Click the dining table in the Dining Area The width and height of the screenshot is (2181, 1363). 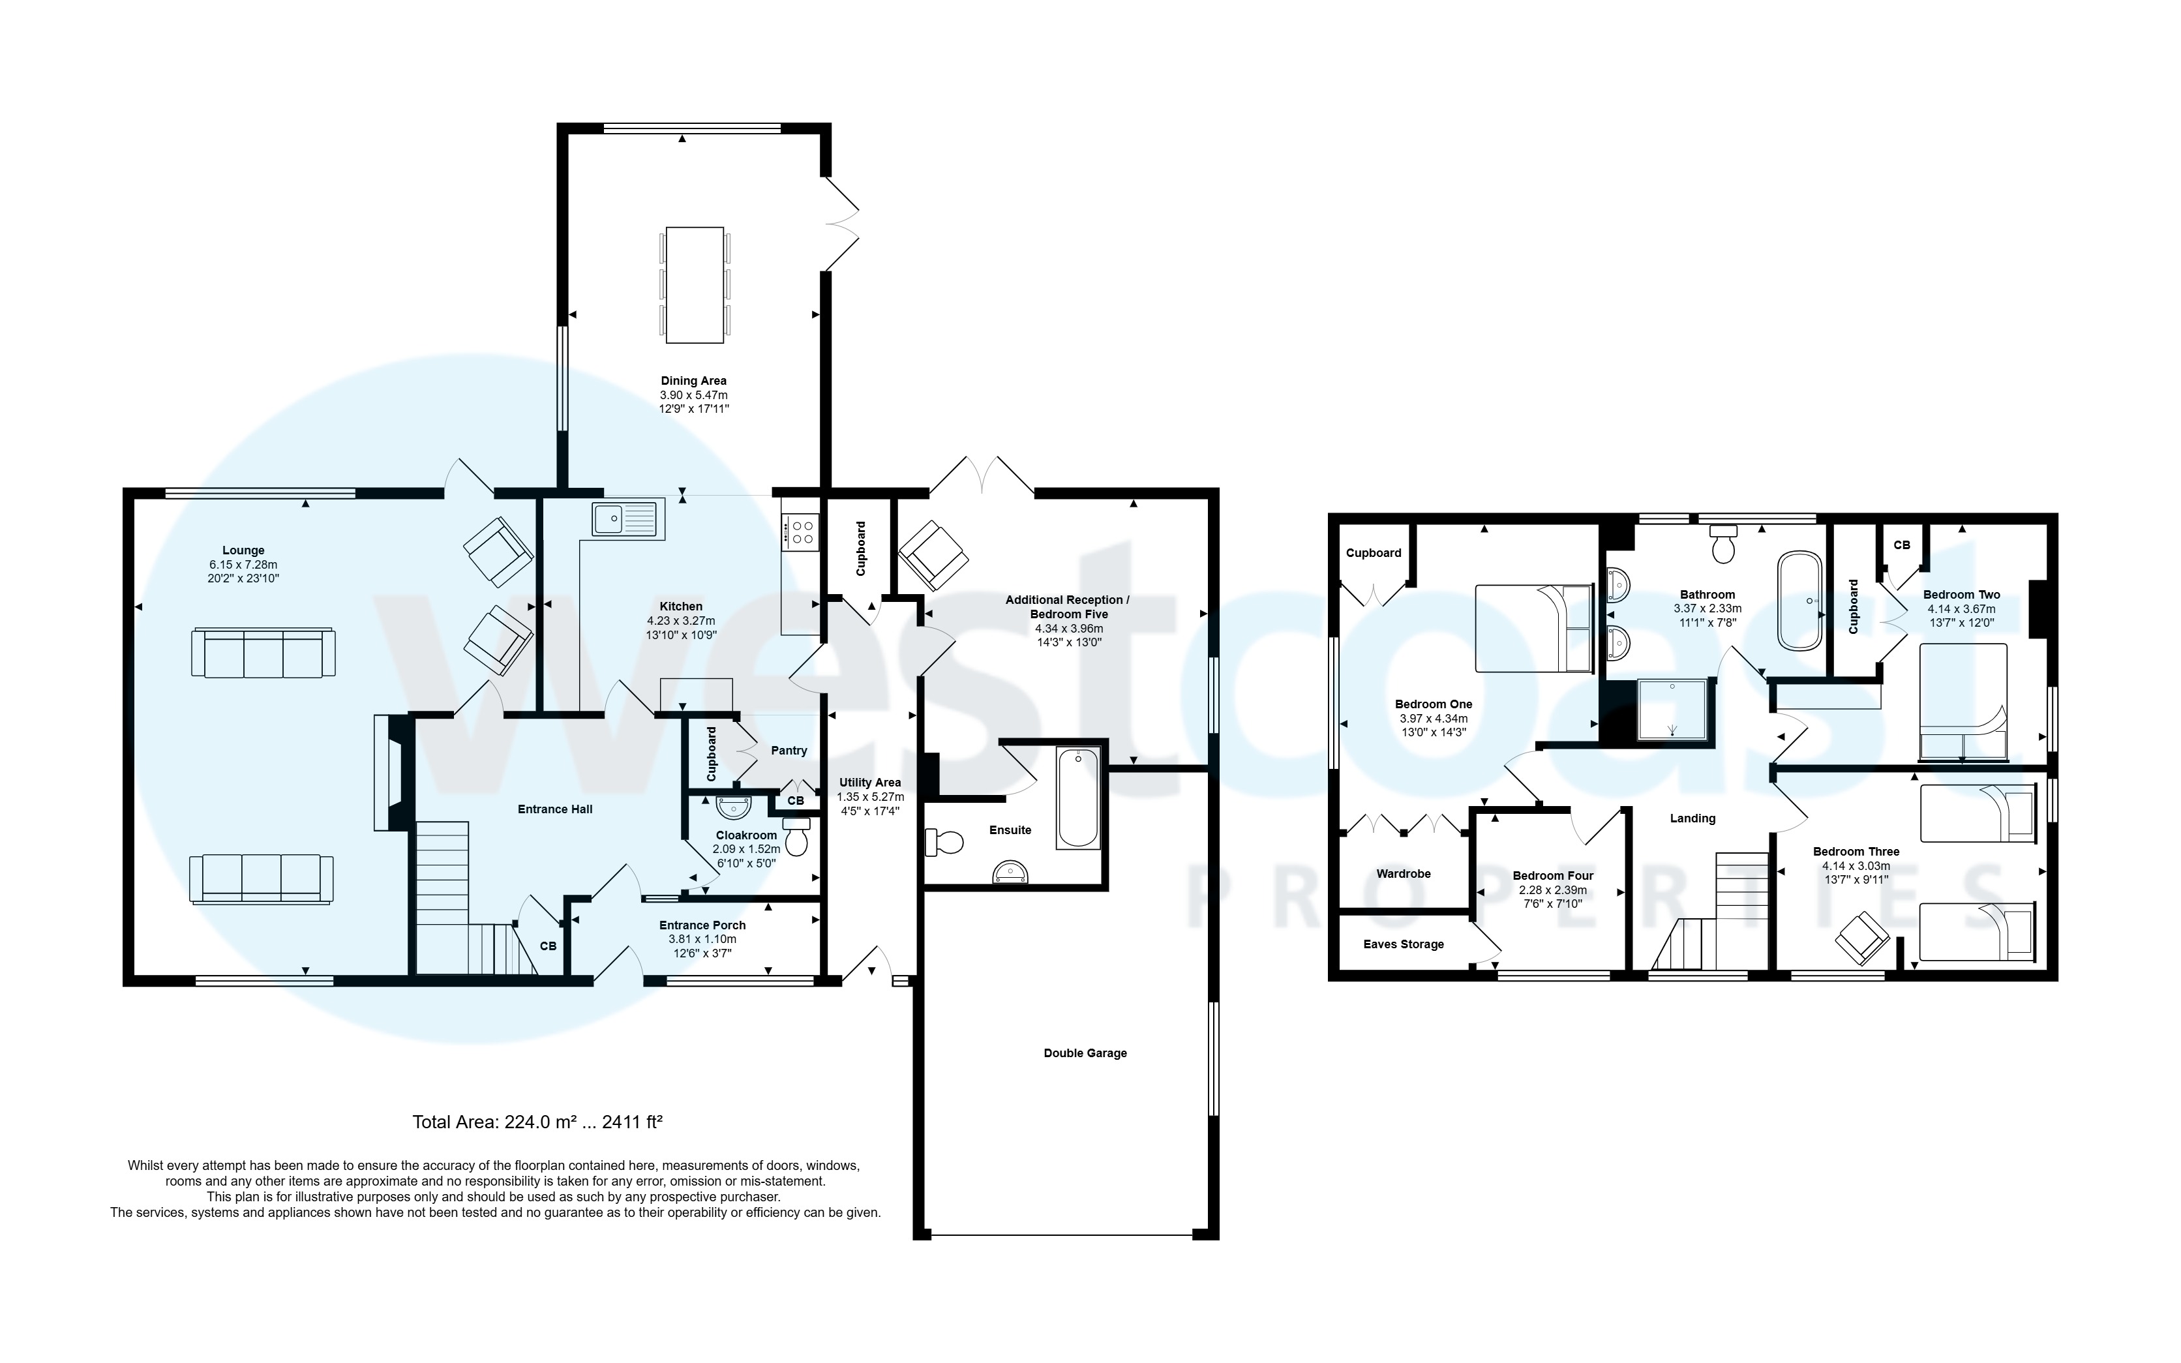(694, 285)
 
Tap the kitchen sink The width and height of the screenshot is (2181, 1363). (627, 520)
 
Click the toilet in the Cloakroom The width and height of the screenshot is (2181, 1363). (797, 837)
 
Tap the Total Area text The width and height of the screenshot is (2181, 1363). (537, 1122)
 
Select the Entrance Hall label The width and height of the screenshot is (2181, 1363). (554, 809)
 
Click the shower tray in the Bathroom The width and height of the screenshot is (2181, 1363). (1673, 708)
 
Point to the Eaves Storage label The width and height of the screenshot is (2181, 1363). (1402, 944)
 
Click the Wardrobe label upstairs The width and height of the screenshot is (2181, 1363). (1402, 873)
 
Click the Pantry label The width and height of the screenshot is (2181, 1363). (789, 750)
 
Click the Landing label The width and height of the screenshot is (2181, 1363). (1692, 818)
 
